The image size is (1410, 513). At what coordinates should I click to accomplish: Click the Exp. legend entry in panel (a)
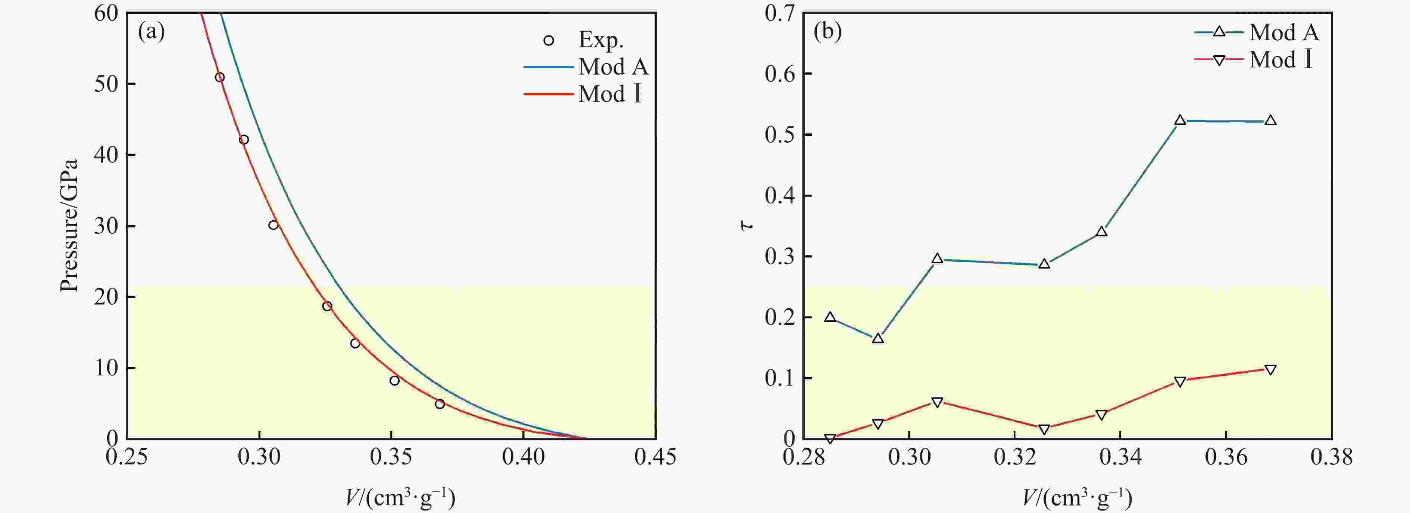(600, 40)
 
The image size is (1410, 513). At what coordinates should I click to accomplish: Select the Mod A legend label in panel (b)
(1284, 33)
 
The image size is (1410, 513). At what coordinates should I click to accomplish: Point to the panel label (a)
(151, 32)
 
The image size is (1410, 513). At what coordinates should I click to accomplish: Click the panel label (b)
(828, 32)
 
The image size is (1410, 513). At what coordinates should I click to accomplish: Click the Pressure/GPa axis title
(69, 225)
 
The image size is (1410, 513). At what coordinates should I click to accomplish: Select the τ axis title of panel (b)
(747, 225)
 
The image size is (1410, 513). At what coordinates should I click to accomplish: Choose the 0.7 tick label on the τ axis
(780, 13)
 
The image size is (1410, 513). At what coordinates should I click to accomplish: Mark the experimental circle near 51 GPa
(219, 77)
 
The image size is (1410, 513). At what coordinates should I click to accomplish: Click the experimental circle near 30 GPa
(273, 225)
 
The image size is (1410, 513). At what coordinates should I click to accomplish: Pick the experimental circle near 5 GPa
(440, 404)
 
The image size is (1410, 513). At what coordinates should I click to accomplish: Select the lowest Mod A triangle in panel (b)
(878, 339)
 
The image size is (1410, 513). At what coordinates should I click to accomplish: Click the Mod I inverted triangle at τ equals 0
(830, 438)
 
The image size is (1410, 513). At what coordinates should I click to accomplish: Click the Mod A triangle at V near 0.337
(1101, 232)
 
